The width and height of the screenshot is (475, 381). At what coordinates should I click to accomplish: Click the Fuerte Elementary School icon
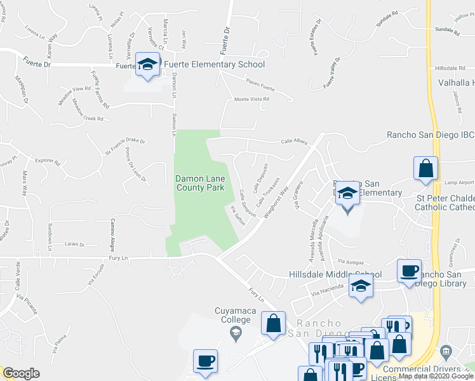147,64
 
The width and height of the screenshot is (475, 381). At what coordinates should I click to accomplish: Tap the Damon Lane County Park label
200,184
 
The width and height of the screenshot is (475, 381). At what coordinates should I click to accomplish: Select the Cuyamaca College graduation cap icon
236,331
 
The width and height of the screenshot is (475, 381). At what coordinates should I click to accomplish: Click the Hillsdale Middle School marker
361,286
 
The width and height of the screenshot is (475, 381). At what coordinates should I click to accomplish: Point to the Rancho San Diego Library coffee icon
409,271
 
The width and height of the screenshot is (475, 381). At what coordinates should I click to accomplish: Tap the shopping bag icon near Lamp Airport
425,169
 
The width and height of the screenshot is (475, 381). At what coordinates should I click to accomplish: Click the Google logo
21,373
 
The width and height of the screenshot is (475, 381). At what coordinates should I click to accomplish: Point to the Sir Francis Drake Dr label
125,146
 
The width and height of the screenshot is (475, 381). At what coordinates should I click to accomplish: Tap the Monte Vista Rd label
252,99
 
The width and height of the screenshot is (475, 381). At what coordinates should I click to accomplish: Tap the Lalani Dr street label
74,243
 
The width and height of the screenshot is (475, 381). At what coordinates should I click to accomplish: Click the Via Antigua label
351,262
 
